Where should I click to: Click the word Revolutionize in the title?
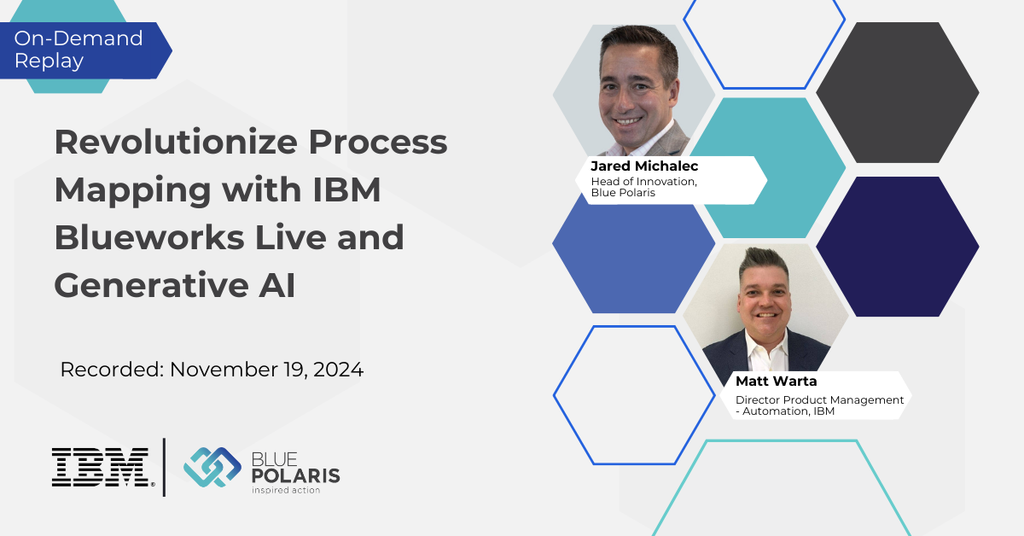(176, 142)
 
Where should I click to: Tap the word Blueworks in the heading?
(149, 237)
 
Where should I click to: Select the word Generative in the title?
(151, 285)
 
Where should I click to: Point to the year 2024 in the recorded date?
(338, 370)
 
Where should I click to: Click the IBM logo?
(103, 467)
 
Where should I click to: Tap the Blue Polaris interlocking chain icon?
(212, 467)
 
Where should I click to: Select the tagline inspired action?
(286, 490)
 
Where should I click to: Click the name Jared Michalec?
(644, 166)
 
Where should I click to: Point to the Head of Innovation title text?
(643, 182)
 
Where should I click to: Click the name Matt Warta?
(776, 381)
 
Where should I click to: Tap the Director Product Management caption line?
(819, 400)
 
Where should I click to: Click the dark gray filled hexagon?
(898, 92)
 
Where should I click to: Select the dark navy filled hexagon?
(898, 247)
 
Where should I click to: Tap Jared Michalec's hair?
(640, 44)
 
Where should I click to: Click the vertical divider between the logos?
(164, 467)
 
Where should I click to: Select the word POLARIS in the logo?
(296, 475)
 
